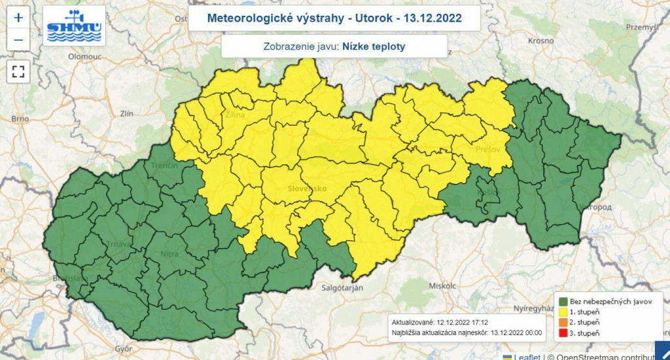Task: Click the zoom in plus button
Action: [18, 17]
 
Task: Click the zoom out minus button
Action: [18, 40]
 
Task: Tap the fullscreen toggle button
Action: [18, 71]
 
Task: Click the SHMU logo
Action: [74, 26]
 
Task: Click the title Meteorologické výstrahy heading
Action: [334, 18]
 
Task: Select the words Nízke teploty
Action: [374, 46]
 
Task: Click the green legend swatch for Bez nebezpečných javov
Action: [562, 301]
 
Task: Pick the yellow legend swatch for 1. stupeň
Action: [562, 312]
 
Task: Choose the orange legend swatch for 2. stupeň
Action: [562, 323]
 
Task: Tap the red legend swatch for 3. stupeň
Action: [562, 334]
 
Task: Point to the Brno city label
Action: [20, 119]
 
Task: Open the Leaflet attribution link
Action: [527, 356]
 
